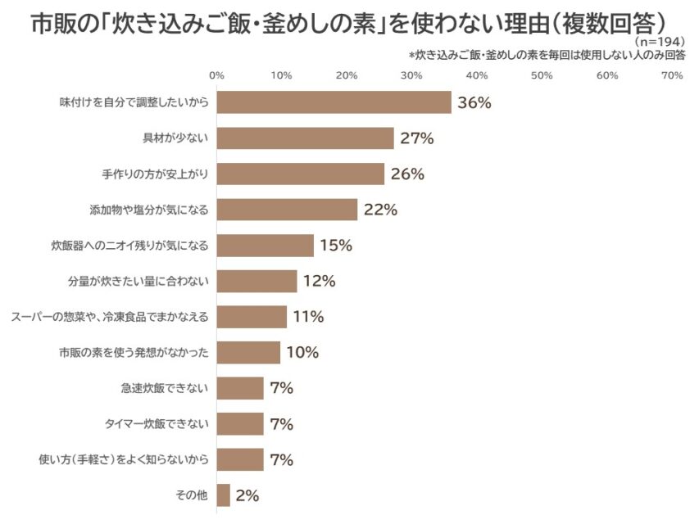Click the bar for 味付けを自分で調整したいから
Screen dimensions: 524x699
pos(334,102)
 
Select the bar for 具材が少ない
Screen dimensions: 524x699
pos(306,138)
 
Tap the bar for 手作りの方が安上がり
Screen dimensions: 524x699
pos(301,174)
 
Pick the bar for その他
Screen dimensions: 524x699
pos(224,495)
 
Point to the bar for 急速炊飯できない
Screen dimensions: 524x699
pos(241,388)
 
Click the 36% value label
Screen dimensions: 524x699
pos(474,102)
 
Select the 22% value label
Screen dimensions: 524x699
pos(380,210)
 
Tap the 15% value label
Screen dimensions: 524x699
pos(336,245)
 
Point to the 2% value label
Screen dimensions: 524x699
pos(247,495)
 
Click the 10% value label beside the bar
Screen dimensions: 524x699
pos(302,352)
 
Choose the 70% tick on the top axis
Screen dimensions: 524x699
pos(672,75)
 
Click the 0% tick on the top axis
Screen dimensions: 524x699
pos(217,75)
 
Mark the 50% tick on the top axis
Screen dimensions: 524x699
pos(542,75)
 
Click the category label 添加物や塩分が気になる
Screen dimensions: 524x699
pos(149,210)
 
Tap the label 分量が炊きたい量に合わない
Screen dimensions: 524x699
pos(138,281)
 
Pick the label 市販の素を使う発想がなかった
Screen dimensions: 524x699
pos(134,353)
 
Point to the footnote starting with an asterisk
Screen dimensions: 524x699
pos(547,55)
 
